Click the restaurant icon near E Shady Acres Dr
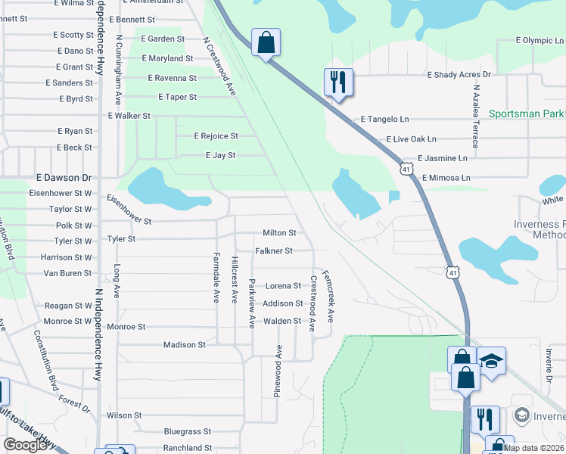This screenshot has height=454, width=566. (x=337, y=81)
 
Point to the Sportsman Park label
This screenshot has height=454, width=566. (x=527, y=114)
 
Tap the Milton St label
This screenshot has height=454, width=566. (x=278, y=233)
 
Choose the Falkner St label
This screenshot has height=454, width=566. (x=273, y=250)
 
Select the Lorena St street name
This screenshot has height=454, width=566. (x=282, y=286)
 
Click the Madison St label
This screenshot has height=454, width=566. (x=185, y=345)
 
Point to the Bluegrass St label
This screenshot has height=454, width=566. (x=187, y=431)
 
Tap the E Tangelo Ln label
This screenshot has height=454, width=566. (x=384, y=120)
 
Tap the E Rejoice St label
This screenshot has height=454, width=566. (x=215, y=136)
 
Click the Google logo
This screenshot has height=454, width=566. (x=25, y=445)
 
